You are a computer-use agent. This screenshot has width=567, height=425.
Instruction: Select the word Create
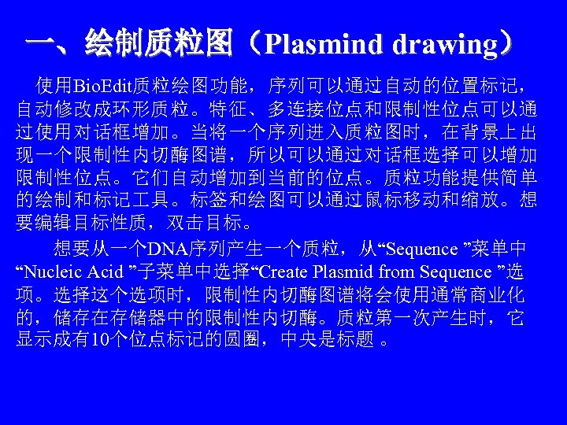click(x=283, y=272)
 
